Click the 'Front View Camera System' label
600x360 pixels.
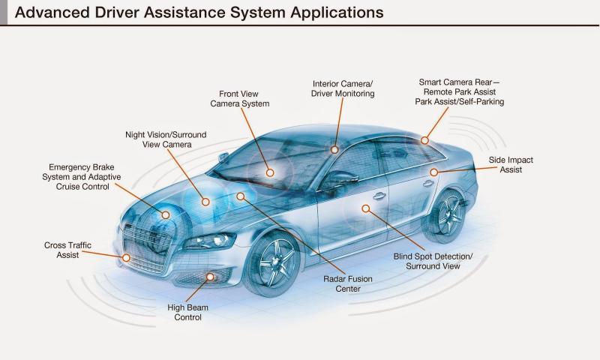pyautogui.click(x=239, y=99)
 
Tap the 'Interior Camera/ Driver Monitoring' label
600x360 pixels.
pyautogui.click(x=343, y=88)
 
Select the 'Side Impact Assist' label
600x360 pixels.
pyautogui.click(x=511, y=165)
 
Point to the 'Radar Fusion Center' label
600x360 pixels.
pyautogui.click(x=348, y=283)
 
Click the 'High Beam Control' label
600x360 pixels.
pyautogui.click(x=188, y=312)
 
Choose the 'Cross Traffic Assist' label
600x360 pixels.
pyautogui.click(x=67, y=250)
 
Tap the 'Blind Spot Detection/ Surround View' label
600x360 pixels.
pyautogui.click(x=433, y=261)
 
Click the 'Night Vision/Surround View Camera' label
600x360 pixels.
pyautogui.click(x=166, y=139)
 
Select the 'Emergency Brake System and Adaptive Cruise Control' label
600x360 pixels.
pyautogui.click(x=82, y=177)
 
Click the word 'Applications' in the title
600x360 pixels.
pyautogui.click(x=337, y=13)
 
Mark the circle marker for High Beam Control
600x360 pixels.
pyautogui.click(x=210, y=277)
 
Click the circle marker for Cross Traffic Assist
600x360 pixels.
pyautogui.click(x=126, y=258)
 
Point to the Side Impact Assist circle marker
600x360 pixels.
pyautogui.click(x=433, y=172)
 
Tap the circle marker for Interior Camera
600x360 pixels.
pyautogui.click(x=334, y=149)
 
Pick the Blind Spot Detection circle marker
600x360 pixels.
pyautogui.click(x=366, y=208)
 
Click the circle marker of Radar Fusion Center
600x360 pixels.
pyautogui.click(x=240, y=196)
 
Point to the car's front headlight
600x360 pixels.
pyautogui.click(x=211, y=241)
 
